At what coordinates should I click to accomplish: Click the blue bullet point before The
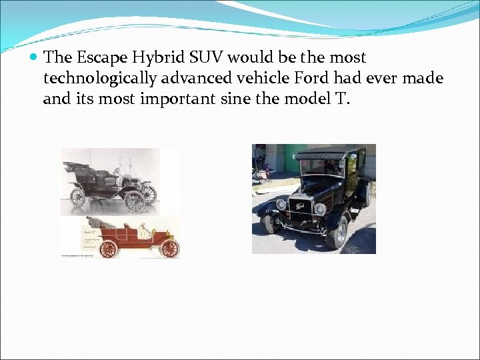tap(34, 59)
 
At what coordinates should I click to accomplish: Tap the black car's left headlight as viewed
tap(281, 205)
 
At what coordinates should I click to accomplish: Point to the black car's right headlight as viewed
tap(320, 209)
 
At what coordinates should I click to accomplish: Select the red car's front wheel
tap(169, 248)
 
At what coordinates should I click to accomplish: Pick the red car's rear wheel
tap(107, 249)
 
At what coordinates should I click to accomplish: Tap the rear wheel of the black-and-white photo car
tap(78, 197)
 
